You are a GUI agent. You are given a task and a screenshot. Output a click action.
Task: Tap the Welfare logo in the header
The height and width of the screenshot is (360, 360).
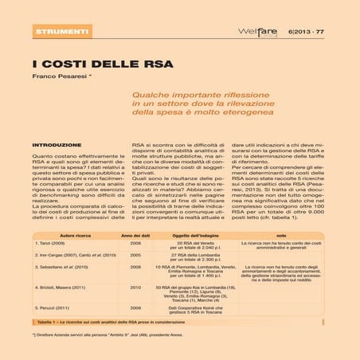(256, 31)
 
